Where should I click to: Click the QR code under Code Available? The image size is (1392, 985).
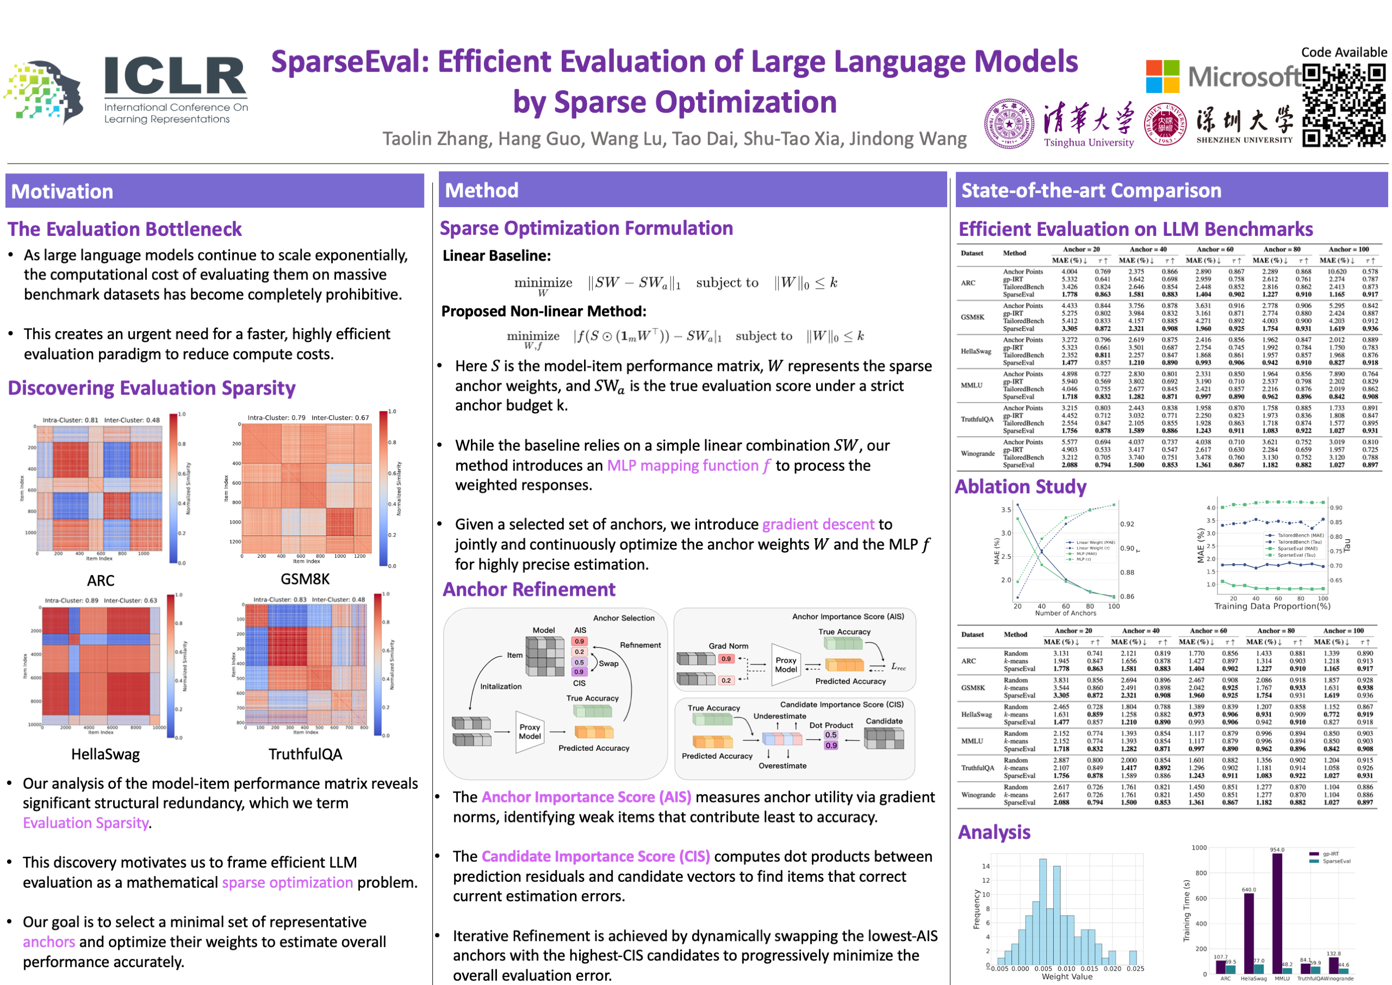tap(1344, 105)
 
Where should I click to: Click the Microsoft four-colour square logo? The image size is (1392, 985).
tap(1162, 77)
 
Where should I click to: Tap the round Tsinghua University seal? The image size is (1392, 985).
tap(1009, 124)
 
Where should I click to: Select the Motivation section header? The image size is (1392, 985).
tap(63, 192)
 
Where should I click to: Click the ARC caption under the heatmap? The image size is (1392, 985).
tap(101, 581)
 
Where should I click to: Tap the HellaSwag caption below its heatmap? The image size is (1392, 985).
tap(105, 754)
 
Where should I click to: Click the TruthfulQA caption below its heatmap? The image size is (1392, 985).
tap(305, 754)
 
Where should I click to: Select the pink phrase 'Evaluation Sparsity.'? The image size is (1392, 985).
tap(88, 823)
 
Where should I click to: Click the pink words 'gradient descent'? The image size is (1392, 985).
tap(818, 524)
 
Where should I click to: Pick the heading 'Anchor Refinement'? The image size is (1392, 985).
tap(529, 590)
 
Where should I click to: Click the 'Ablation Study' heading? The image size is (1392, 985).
tap(1021, 487)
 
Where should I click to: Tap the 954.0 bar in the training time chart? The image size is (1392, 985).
tap(1277, 910)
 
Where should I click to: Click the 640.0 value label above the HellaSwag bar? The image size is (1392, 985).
tap(1248, 890)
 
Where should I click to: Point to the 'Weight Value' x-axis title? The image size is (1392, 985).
tap(1066, 976)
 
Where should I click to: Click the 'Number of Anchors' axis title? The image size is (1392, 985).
tap(1065, 613)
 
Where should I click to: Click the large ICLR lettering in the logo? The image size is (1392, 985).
tap(175, 77)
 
